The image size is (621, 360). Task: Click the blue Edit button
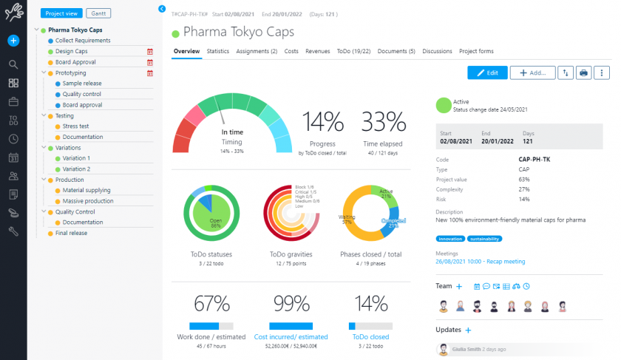click(x=487, y=72)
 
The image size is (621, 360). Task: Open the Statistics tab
click(x=217, y=51)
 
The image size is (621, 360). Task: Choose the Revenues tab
click(x=317, y=51)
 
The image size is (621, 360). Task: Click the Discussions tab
click(x=437, y=51)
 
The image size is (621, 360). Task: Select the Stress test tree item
click(x=75, y=126)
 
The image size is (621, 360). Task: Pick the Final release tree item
click(x=71, y=233)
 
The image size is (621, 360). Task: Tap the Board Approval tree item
click(x=75, y=62)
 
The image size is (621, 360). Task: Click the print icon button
click(x=584, y=72)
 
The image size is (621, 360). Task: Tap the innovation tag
click(x=451, y=239)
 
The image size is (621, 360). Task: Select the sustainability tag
click(x=484, y=239)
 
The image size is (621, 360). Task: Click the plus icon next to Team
click(x=459, y=286)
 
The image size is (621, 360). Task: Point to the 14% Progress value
click(x=322, y=122)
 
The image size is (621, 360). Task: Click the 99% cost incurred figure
click(x=290, y=304)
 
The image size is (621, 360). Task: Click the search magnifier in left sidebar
click(x=13, y=64)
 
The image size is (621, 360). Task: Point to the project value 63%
click(x=523, y=179)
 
